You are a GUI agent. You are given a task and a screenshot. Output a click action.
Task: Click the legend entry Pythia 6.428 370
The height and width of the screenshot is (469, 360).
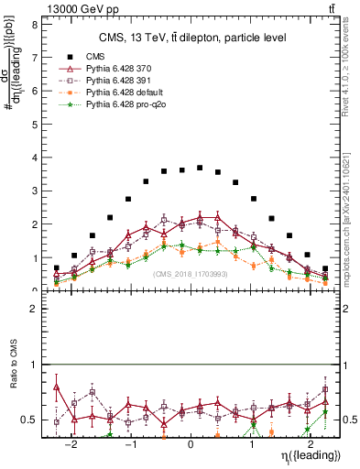[x=115, y=69]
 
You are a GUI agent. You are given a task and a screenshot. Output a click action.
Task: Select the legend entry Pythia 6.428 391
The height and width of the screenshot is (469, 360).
[x=115, y=82]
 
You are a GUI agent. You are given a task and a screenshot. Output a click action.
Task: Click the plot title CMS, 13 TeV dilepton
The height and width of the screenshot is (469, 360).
[x=192, y=38]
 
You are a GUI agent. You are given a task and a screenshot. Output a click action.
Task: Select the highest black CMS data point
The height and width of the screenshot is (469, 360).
[x=200, y=168]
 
